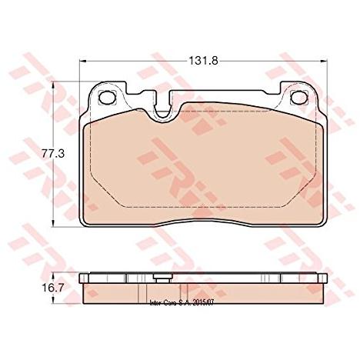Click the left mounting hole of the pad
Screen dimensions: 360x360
pyautogui.click(x=107, y=98)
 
